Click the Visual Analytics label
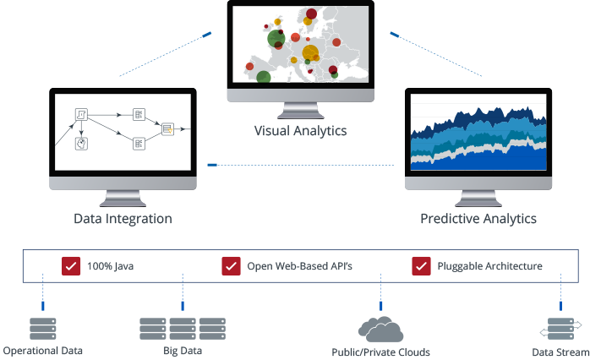coord(301,131)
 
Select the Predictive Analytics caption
coord(478,219)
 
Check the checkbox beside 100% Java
coord(71,266)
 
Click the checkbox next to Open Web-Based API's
coord(231,266)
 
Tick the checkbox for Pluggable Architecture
coord(421,266)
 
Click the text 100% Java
coord(110,267)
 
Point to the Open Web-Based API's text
coord(299,267)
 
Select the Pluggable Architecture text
coord(489,267)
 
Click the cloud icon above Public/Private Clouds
coord(380,329)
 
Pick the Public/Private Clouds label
coord(380,352)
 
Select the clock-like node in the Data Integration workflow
coord(82,143)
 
